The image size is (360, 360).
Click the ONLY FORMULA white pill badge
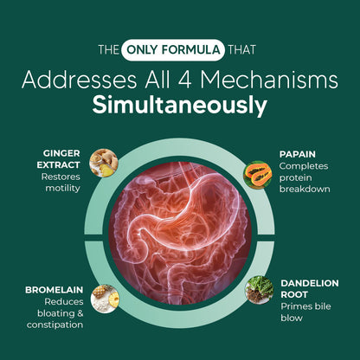173,50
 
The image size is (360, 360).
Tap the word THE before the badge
108,50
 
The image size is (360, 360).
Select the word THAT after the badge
242,50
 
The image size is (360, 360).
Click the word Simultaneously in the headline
180,106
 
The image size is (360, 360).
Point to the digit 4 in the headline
185,80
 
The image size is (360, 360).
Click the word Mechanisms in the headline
269,80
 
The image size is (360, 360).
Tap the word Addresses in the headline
79,80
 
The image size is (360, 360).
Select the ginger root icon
104,163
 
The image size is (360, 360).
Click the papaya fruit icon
258,175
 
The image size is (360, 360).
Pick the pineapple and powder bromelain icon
105,299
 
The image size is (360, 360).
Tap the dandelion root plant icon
259,290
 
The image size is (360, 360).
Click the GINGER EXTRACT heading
58,159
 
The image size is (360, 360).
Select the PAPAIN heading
298,154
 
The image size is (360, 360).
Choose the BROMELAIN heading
55,290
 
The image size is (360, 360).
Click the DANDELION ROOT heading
310,289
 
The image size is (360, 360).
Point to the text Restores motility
61,183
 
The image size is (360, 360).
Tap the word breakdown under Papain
305,190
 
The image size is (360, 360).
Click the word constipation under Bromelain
55,325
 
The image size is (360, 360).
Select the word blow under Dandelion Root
292,318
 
